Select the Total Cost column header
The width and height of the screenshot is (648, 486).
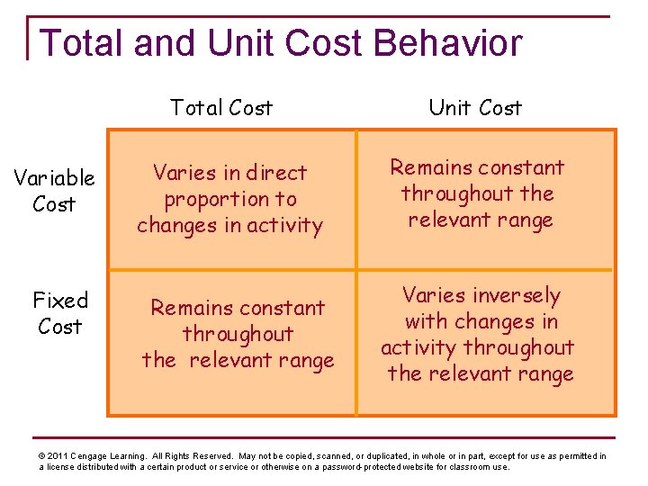click(x=221, y=108)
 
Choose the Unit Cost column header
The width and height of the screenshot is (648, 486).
click(x=475, y=108)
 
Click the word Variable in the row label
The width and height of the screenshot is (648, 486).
click(x=54, y=178)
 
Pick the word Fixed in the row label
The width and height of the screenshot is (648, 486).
click(x=60, y=300)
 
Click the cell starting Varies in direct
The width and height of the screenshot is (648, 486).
click(x=231, y=200)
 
